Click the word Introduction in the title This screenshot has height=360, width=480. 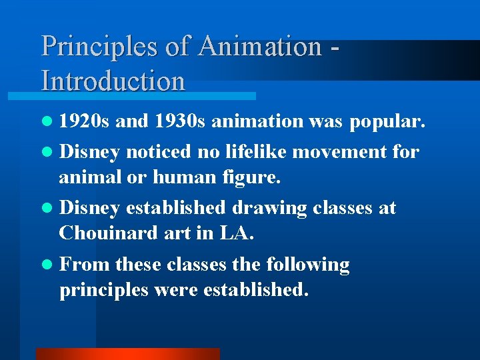click(x=113, y=81)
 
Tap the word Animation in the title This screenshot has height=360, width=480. click(x=260, y=47)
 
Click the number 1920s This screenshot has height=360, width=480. click(x=85, y=121)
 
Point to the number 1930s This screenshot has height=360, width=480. click(x=179, y=121)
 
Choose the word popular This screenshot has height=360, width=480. click(x=387, y=121)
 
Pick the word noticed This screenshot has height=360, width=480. click(x=159, y=151)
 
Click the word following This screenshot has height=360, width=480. click(x=308, y=265)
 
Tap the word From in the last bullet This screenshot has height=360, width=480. click(x=85, y=265)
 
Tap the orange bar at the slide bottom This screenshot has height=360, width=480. click(x=127, y=354)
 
